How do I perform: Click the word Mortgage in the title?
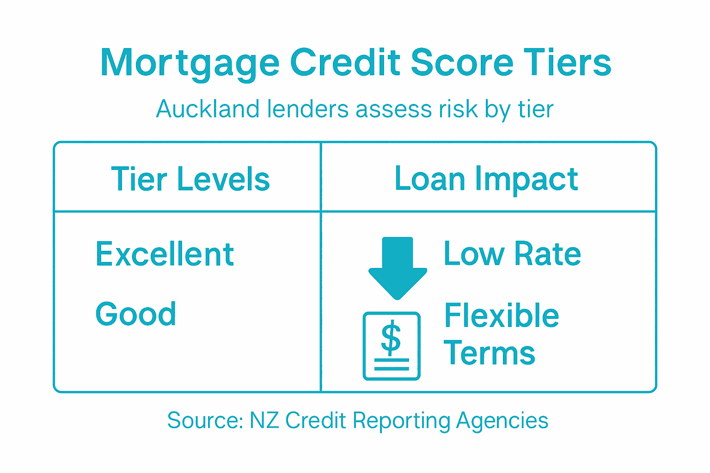[x=190, y=63]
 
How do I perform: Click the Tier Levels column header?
[x=190, y=179]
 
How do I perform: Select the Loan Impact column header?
[x=486, y=179]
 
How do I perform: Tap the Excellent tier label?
[x=165, y=254]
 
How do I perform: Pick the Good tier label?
[x=136, y=314]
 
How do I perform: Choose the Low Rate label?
[x=512, y=254]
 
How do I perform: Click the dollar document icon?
[x=392, y=346]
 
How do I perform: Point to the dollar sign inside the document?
[x=391, y=338]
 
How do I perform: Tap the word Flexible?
[x=502, y=316]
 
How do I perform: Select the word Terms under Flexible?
[x=490, y=353]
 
